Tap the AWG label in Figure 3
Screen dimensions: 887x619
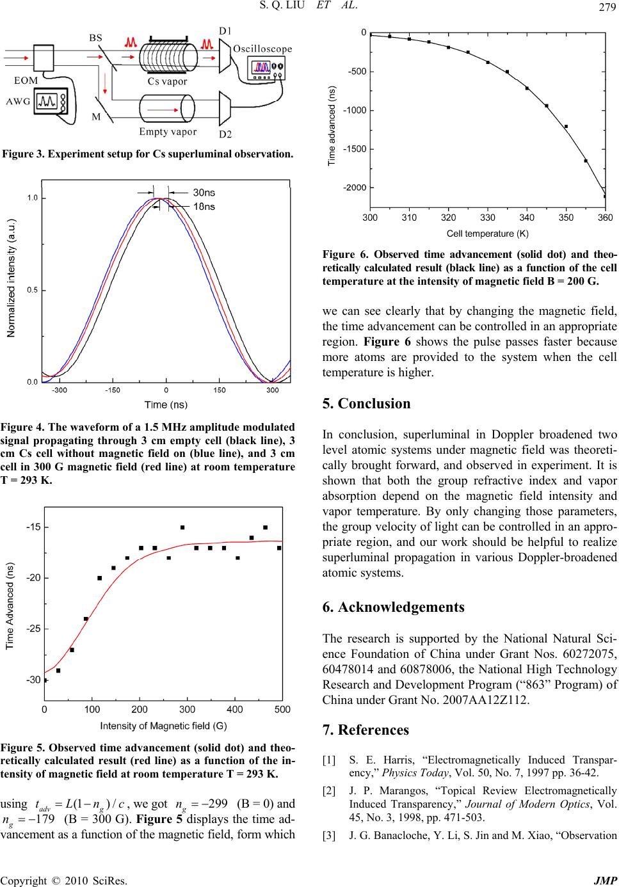[17, 101]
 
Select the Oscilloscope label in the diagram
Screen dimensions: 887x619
[262, 49]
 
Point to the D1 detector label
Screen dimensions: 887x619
[226, 30]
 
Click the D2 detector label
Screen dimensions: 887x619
[225, 134]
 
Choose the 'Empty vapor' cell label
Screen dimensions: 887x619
[168, 132]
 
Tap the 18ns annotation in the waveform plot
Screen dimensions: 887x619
[204, 205]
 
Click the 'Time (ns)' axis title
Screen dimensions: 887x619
[166, 404]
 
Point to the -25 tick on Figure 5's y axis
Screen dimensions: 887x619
[33, 629]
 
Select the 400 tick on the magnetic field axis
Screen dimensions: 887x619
[235, 709]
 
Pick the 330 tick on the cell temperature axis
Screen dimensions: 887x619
[487, 218]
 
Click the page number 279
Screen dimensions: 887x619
[604, 7]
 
